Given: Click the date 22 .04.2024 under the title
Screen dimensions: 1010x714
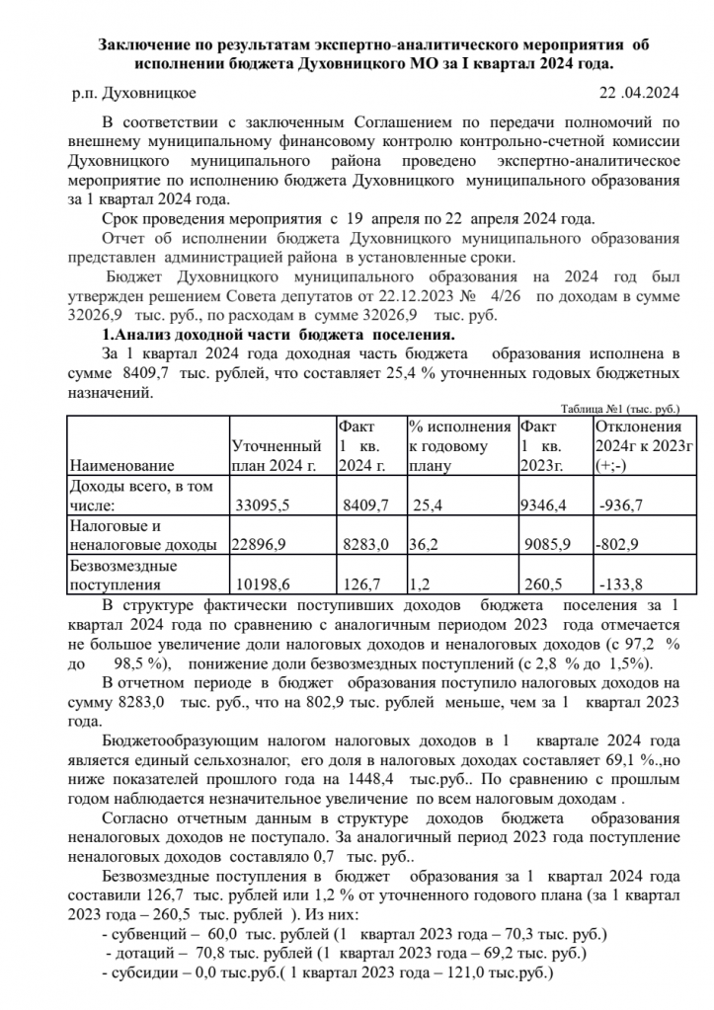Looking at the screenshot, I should (639, 94).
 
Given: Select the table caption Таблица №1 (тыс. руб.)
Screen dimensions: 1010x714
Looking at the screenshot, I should (620, 408).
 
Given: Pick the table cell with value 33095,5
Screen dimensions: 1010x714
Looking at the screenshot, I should (262, 505).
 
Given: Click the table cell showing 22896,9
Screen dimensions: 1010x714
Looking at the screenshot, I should (258, 544).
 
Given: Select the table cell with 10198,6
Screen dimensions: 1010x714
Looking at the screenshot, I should (262, 583).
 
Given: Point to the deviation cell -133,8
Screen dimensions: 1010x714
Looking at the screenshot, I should (621, 583).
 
